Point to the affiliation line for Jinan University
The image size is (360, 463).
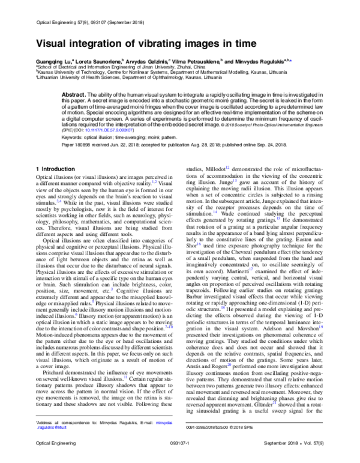click(119, 67)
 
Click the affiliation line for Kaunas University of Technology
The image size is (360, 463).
click(150, 73)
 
